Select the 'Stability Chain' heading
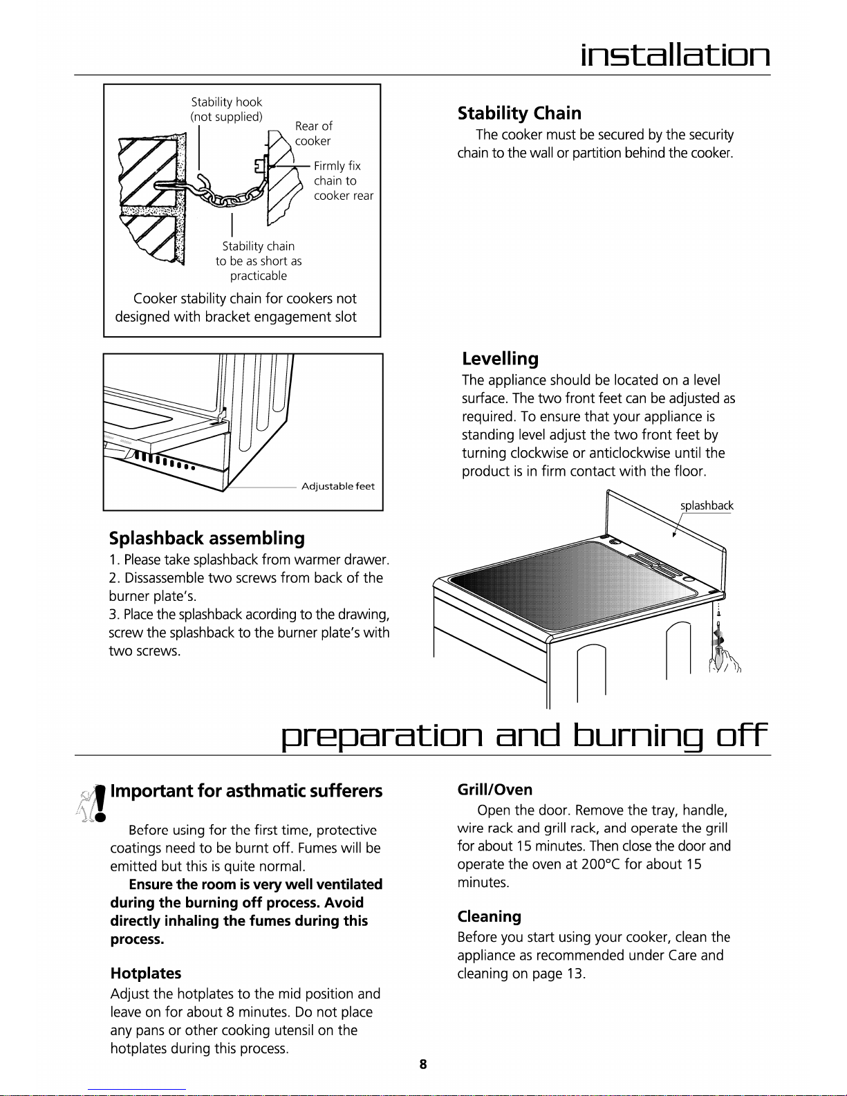pos(519,113)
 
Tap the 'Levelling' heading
pos(500,359)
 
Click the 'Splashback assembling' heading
pos(207,539)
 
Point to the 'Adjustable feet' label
pos(338,486)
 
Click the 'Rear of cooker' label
pos(313,133)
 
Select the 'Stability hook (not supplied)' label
pos(226,109)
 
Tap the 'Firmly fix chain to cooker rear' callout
pos(344,180)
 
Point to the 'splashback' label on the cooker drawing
pos(707,505)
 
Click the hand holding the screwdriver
pos(725,661)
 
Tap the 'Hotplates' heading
pos(146,973)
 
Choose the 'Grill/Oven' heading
pos(494,790)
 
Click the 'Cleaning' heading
pos(489,916)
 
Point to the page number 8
pos(423,1064)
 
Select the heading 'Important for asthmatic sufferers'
pos(246,791)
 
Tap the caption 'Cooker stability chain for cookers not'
pos(245,299)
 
